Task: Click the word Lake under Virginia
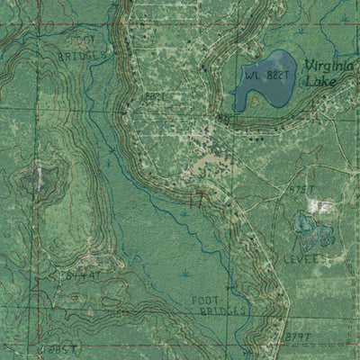[322, 81]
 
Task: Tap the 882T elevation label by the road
[155, 94]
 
